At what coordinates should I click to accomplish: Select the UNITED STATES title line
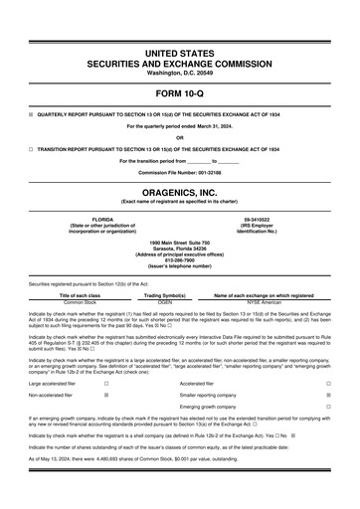(x=179, y=50)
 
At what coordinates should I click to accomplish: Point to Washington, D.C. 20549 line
(x=179, y=72)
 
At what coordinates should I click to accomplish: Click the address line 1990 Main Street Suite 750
(x=179, y=239)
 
